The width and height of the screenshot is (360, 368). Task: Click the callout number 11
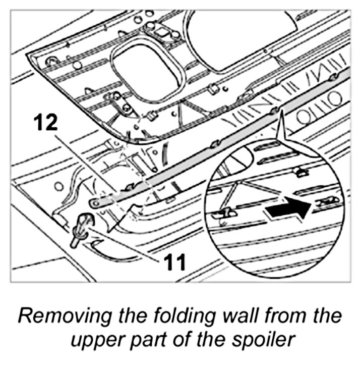point(173,261)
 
